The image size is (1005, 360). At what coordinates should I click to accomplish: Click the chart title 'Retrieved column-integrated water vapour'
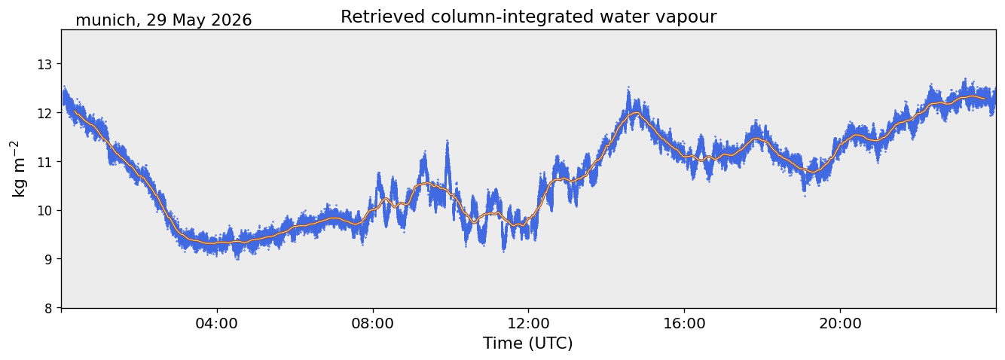[x=529, y=17]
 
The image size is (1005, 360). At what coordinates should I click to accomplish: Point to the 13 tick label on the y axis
[x=44, y=65]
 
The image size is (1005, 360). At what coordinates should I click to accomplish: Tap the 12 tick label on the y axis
[x=44, y=114]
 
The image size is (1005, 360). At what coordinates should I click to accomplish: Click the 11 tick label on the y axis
[x=44, y=162]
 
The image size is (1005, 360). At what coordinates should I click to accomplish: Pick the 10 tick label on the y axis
[x=44, y=211]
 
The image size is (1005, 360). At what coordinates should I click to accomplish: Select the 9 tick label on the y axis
[x=48, y=259]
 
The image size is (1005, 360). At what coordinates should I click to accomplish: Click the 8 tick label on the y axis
[x=48, y=308]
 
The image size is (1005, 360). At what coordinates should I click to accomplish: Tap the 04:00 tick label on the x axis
[x=217, y=323]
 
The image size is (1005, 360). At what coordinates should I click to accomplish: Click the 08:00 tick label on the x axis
[x=372, y=323]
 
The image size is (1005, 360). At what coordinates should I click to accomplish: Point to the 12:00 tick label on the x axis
[x=528, y=323]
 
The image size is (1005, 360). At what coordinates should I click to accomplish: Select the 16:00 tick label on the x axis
[x=684, y=323]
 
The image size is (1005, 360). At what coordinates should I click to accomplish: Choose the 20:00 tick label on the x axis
[x=840, y=323]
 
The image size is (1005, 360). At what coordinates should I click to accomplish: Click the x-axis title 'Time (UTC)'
[x=528, y=343]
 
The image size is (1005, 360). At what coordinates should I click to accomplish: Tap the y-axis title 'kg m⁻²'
[x=20, y=169]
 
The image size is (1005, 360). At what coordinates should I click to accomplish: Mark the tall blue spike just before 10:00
[x=447, y=142]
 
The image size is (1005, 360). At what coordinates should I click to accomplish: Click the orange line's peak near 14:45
[x=635, y=113]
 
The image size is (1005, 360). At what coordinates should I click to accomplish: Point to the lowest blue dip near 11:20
[x=504, y=250]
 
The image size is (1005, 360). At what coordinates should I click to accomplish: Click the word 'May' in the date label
[x=187, y=21]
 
